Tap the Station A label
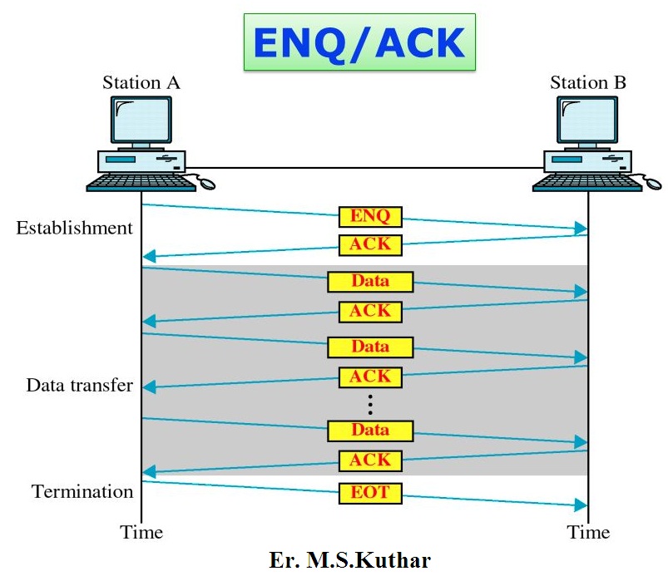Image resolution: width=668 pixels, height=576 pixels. pos(141,83)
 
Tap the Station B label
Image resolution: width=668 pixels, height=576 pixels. pos(588,83)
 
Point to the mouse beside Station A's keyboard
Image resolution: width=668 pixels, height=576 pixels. pos(205,181)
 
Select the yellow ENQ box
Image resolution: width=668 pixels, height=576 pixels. pos(370,217)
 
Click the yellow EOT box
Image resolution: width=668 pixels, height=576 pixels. pos(370,493)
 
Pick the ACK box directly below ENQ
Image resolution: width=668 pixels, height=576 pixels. pos(370,245)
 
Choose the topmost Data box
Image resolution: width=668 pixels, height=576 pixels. pos(370,281)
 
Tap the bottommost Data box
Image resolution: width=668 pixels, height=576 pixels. pos(370,431)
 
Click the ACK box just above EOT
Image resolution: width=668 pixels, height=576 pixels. pos(370,460)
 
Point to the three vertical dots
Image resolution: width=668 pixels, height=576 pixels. pos(370,404)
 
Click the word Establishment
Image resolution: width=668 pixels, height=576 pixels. pos(74,228)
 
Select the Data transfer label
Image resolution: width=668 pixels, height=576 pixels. pos(79,386)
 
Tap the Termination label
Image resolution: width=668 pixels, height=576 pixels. pos(82,492)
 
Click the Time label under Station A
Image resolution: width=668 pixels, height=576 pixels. pos(141,533)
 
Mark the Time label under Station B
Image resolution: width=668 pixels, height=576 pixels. pos(588,533)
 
